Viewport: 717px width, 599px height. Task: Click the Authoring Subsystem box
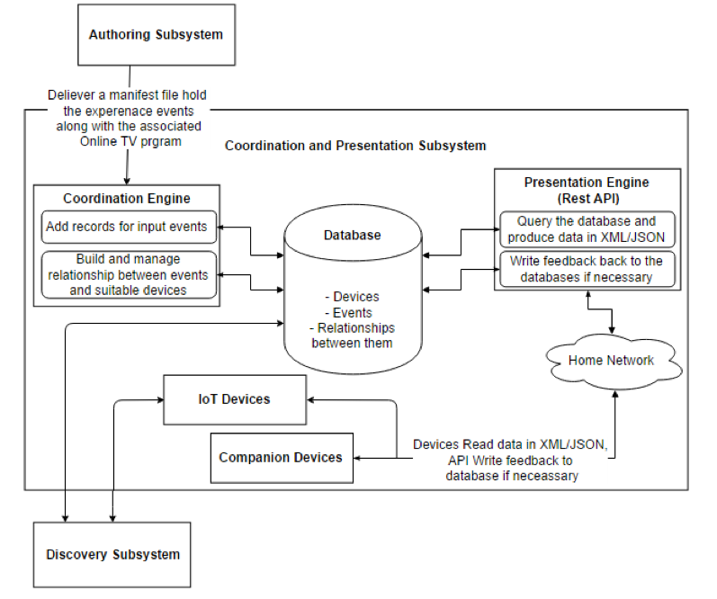(x=157, y=35)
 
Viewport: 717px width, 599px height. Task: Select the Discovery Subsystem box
(x=112, y=555)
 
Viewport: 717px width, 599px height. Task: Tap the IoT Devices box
(x=235, y=400)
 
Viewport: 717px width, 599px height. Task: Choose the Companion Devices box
(x=282, y=458)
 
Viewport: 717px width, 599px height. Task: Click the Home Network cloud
(x=613, y=362)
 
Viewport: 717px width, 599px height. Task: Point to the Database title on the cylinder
(x=352, y=235)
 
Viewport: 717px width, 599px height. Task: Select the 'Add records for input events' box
(x=129, y=227)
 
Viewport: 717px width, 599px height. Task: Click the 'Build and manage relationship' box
(x=129, y=275)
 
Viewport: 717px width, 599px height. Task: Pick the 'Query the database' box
(x=587, y=229)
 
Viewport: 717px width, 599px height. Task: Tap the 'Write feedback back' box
(x=587, y=269)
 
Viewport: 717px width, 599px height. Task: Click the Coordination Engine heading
(x=127, y=199)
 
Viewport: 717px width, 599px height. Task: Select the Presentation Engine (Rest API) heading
(x=587, y=190)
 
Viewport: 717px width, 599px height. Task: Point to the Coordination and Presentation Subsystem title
(x=355, y=146)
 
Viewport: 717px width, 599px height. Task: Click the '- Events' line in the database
(x=349, y=313)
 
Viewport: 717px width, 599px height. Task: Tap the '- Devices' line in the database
(x=352, y=297)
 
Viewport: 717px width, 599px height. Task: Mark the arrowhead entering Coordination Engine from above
(x=127, y=182)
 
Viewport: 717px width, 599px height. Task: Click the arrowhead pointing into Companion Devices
(x=357, y=458)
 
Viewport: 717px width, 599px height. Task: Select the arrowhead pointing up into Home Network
(x=615, y=393)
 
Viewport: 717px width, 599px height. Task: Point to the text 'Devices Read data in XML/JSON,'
(x=510, y=445)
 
